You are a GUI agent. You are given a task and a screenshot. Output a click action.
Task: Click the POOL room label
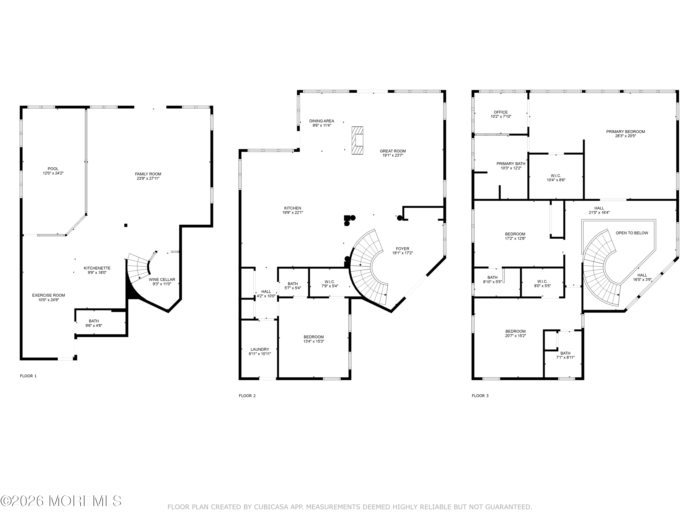53,169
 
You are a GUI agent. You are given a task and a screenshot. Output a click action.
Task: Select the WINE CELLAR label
162,280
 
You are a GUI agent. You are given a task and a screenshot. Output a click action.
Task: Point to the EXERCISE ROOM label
49,295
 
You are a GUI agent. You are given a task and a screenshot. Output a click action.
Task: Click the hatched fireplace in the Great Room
357,140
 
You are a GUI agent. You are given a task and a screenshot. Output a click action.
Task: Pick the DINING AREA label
322,121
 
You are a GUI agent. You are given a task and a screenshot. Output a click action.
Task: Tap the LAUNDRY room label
259,349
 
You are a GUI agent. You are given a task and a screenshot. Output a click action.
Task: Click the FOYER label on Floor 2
402,249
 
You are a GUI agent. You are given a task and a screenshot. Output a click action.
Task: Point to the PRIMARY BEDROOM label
625,132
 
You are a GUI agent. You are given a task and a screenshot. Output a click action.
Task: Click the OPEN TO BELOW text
632,233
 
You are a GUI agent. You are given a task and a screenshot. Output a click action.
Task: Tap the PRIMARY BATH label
511,164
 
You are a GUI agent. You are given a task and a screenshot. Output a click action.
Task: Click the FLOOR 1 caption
28,376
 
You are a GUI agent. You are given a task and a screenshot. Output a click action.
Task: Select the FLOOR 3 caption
480,395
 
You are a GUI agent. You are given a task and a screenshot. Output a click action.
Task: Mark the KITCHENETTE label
97,268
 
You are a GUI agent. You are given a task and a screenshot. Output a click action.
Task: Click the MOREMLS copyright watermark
61,501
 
